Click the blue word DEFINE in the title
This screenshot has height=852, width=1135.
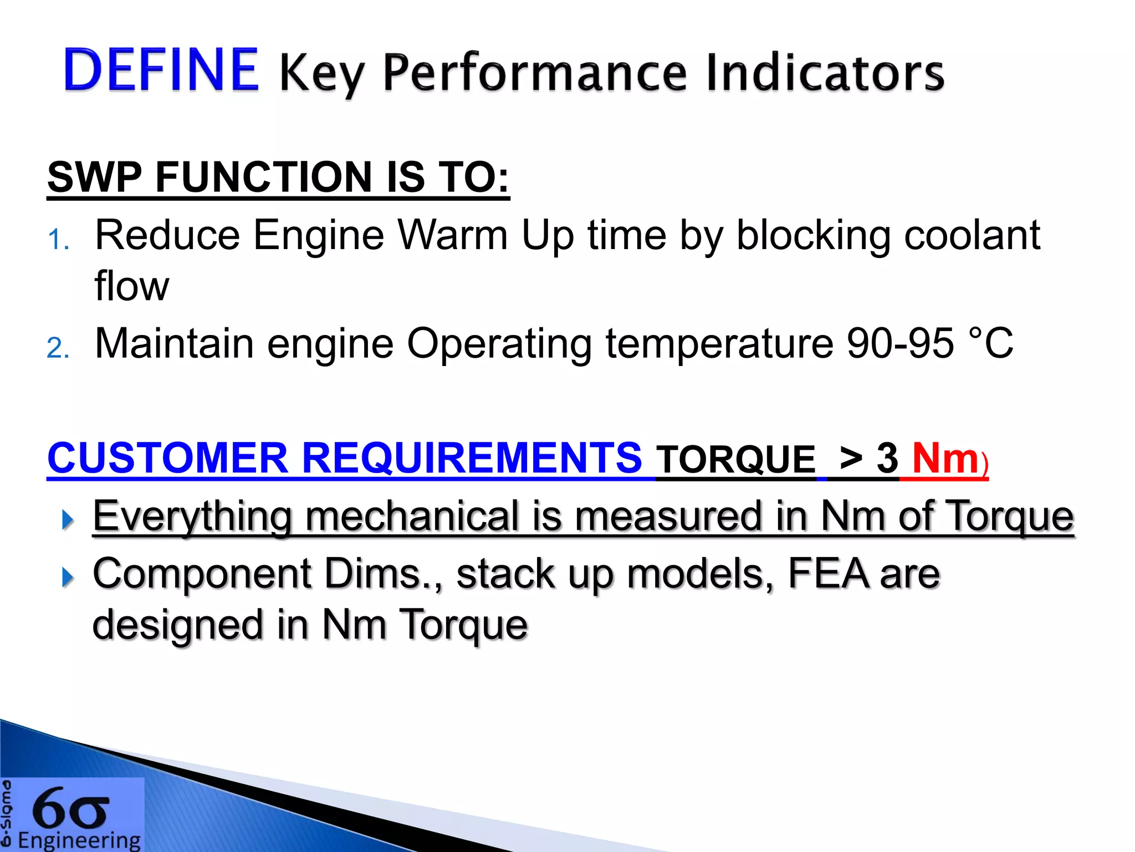(161, 70)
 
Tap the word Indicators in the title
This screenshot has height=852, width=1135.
(825, 73)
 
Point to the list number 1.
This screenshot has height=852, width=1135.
(58, 240)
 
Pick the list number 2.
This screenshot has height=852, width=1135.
(58, 348)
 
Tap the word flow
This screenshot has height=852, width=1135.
(131, 286)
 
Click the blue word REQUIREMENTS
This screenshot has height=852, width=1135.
(471, 459)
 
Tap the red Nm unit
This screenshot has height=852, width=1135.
(945, 459)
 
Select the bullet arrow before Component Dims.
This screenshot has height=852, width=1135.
(68, 577)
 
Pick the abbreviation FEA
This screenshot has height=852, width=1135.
(828, 574)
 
